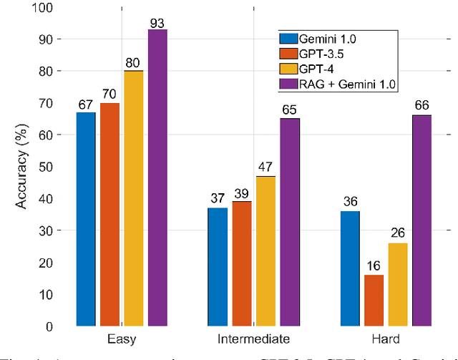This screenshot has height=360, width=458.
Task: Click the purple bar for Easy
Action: (157, 177)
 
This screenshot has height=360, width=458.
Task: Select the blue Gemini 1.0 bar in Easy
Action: (86, 219)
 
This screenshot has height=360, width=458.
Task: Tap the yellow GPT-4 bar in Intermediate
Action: (265, 250)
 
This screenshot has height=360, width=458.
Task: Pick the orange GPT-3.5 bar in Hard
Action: (373, 300)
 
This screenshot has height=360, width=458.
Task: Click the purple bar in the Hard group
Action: (421, 220)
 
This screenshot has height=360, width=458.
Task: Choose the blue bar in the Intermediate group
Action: (218, 266)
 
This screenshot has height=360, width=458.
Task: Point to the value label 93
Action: (157, 23)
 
